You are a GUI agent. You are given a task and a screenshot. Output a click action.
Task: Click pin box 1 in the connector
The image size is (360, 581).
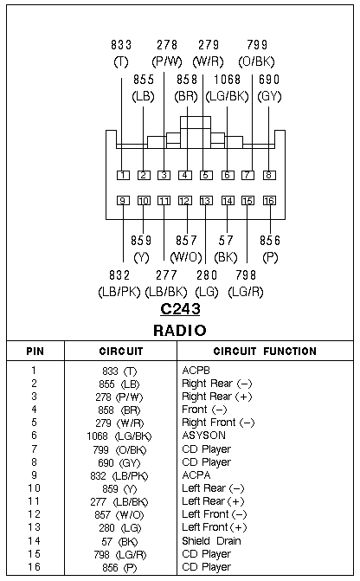point(123,175)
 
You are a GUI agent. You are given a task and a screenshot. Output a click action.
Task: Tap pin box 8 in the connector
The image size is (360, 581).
point(269,175)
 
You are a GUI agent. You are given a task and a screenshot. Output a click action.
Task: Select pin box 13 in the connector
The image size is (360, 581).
point(206,201)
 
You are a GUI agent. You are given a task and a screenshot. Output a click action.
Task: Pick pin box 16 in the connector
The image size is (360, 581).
point(269,201)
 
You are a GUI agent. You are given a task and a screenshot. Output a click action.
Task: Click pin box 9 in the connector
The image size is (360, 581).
point(123,201)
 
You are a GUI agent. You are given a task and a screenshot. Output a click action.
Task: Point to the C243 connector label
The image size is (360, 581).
point(180,309)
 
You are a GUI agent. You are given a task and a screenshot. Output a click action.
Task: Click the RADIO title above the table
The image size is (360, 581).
point(180,330)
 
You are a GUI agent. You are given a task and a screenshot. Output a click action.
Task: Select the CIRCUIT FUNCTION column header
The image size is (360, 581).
point(265,352)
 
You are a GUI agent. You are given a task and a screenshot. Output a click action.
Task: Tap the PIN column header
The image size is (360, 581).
point(35,352)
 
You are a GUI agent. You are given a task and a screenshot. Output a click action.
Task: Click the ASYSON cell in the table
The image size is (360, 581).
point(203,436)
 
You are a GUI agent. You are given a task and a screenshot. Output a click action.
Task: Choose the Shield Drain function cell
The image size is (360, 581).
point(211,541)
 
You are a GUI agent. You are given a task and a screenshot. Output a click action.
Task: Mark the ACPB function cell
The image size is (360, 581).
point(196,371)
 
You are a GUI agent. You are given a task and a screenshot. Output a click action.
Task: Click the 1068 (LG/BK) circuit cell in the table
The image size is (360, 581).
point(119,436)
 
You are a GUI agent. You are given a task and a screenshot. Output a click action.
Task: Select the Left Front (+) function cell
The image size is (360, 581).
point(215,527)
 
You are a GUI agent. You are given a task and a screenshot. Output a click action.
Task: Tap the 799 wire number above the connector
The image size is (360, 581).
point(257,45)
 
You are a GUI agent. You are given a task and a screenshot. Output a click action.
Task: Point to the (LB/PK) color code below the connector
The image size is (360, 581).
point(119,292)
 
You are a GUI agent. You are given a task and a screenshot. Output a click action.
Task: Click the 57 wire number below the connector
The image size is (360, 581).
point(226,241)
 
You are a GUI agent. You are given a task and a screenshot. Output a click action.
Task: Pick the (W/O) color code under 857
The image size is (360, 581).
point(186,257)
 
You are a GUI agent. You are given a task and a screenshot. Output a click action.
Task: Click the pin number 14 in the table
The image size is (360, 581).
point(34,541)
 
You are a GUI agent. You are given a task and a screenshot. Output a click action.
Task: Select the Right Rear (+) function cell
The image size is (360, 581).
point(217,397)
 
